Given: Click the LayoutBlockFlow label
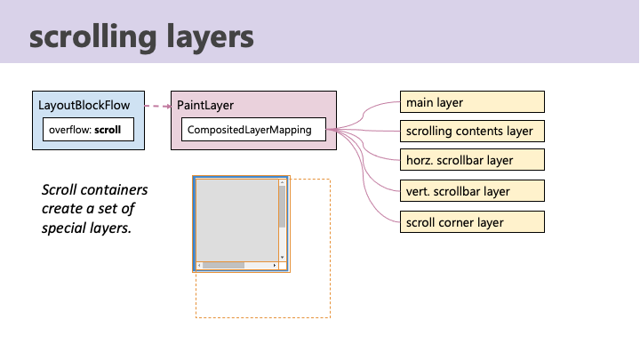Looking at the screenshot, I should point(84,105).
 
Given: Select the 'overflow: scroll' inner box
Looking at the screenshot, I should point(85,130).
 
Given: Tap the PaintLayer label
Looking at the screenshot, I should point(205,105).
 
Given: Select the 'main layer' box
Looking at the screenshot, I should point(471,102).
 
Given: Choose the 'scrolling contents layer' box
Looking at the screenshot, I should point(471,132).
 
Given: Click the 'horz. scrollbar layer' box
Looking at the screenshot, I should point(471,161).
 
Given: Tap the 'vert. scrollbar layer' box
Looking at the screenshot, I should point(471,190).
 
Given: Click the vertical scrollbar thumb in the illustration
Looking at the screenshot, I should point(282,206).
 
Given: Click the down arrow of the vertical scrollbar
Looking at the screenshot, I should point(282,257).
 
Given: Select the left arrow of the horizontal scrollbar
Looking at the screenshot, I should point(199,265).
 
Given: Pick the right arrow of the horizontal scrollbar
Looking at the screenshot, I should point(275,265).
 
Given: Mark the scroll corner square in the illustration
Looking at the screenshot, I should point(283,265).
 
